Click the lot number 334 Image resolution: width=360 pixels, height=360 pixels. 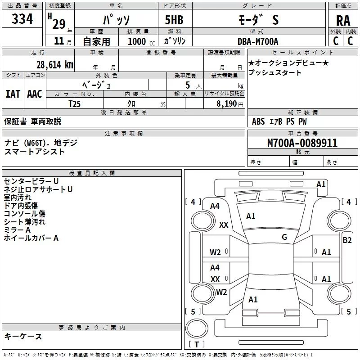[x=22, y=19]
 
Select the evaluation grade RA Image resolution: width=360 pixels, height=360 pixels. [x=343, y=20]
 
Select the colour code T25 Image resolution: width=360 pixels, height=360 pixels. [x=75, y=103]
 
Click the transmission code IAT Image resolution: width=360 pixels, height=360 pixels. [x=13, y=94]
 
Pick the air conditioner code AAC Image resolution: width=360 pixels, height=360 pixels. [x=34, y=94]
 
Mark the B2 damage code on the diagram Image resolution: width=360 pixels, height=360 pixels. [x=347, y=240]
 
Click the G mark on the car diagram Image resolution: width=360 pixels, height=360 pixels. [x=284, y=237]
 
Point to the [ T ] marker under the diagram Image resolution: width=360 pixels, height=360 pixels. [x=197, y=344]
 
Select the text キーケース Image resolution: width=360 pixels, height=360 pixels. [x=23, y=336]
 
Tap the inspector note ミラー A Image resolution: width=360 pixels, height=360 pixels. [x=17, y=230]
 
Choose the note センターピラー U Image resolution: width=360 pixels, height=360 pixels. [x=31, y=181]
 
